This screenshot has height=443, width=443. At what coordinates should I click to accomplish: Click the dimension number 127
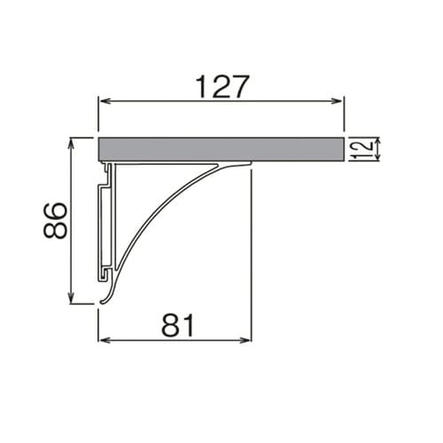pyautogui.click(x=222, y=86)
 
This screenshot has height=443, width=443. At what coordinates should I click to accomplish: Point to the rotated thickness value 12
pyautogui.click(x=359, y=149)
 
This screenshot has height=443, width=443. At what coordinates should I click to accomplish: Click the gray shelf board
pyautogui.click(x=221, y=149)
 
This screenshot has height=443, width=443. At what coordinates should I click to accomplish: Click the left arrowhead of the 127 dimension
pyautogui.click(x=102, y=102)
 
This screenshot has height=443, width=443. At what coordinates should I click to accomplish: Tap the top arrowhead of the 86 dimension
pyautogui.click(x=70, y=141)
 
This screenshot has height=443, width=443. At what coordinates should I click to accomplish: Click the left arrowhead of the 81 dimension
pyautogui.click(x=102, y=339)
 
